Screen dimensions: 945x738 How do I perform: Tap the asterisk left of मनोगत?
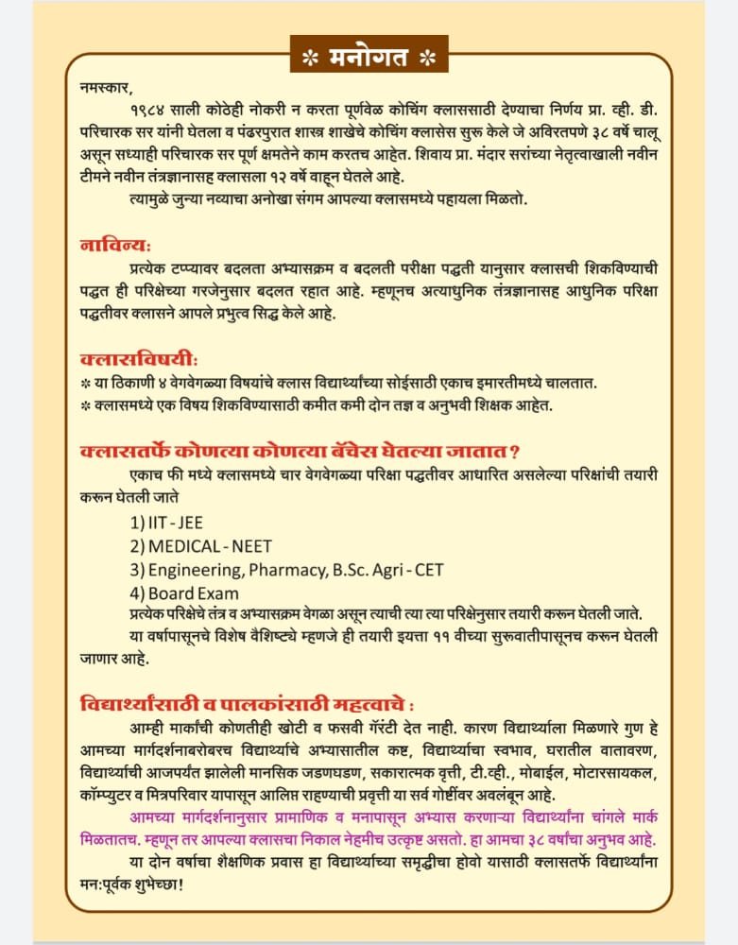click(308, 58)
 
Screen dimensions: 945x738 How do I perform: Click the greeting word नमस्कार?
click(107, 86)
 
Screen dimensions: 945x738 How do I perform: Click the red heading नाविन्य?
click(115, 246)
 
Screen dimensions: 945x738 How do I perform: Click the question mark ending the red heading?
click(515, 451)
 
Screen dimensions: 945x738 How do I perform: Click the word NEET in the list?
click(249, 546)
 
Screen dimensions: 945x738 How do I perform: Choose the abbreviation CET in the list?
click(429, 570)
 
